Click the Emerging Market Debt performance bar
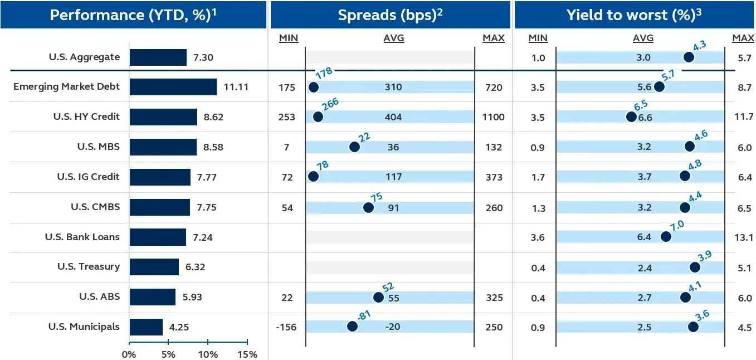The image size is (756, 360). tap(173, 87)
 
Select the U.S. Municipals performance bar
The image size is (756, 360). tap(146, 327)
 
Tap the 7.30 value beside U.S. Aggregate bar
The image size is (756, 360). tap(203, 57)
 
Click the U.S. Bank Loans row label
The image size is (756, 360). tap(82, 237)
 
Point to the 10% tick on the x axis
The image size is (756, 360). tap(208, 354)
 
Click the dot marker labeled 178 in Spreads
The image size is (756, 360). tap(313, 87)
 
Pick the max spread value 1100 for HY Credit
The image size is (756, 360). tap(494, 117)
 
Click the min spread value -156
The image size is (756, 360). tap(286, 327)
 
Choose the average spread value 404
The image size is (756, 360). tap(393, 117)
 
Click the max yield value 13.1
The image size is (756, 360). tap(744, 237)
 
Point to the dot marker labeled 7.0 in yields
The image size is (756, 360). tap(665, 237)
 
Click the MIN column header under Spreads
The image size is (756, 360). tap(288, 38)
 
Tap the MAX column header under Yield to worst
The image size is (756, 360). tap(743, 38)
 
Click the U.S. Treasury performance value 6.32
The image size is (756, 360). tap(195, 267)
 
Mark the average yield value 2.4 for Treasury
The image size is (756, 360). tap(645, 268)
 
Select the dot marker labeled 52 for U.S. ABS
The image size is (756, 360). tap(378, 297)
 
